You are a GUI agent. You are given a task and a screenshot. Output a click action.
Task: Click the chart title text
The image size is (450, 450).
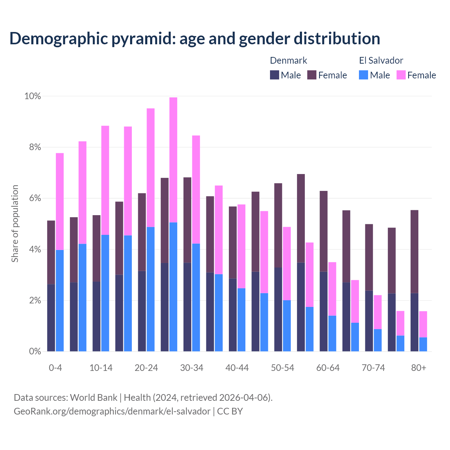click(x=194, y=39)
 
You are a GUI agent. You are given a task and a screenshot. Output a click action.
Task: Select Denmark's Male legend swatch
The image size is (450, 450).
click(x=275, y=75)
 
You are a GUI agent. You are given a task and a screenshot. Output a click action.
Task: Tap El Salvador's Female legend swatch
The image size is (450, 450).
click(x=401, y=75)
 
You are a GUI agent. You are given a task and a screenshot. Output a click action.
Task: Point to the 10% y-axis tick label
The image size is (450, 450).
click(x=32, y=96)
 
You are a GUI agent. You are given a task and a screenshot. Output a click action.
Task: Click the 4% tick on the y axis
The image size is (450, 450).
click(x=35, y=250)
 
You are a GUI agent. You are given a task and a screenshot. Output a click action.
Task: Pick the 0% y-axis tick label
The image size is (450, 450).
click(x=35, y=351)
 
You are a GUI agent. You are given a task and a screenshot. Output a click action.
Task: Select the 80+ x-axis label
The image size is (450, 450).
click(x=419, y=368)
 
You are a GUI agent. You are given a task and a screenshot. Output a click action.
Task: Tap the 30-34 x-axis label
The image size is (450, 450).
click(x=192, y=368)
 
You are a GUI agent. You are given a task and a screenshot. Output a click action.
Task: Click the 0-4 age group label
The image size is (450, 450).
click(x=56, y=368)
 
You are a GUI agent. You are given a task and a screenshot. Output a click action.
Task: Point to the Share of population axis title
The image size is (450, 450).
click(x=15, y=224)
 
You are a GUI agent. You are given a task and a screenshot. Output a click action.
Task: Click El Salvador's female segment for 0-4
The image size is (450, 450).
click(x=60, y=201)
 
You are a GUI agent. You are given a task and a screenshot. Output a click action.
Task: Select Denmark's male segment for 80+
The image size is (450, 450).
click(x=414, y=322)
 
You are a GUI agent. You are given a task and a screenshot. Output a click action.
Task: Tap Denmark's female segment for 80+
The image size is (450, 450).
click(x=414, y=251)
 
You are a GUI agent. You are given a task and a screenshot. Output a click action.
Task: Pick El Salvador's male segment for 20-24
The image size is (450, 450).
click(x=150, y=289)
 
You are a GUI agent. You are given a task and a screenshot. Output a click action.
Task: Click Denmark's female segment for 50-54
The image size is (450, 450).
click(x=278, y=225)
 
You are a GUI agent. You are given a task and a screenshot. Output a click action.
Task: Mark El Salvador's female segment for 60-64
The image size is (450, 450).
click(x=332, y=289)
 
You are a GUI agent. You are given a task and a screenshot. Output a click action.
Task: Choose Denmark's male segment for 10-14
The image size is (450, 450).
click(x=97, y=316)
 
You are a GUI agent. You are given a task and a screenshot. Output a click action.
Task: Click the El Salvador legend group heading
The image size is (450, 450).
click(x=381, y=60)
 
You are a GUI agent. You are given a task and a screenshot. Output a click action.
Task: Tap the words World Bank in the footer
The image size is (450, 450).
click(x=94, y=398)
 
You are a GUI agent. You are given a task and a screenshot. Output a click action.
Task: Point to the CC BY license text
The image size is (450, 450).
click(x=230, y=411)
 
